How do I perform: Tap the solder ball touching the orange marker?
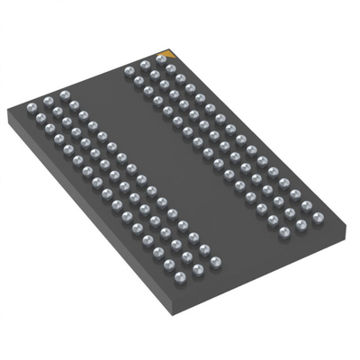(159, 59)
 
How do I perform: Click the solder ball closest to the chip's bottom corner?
(180, 276)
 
